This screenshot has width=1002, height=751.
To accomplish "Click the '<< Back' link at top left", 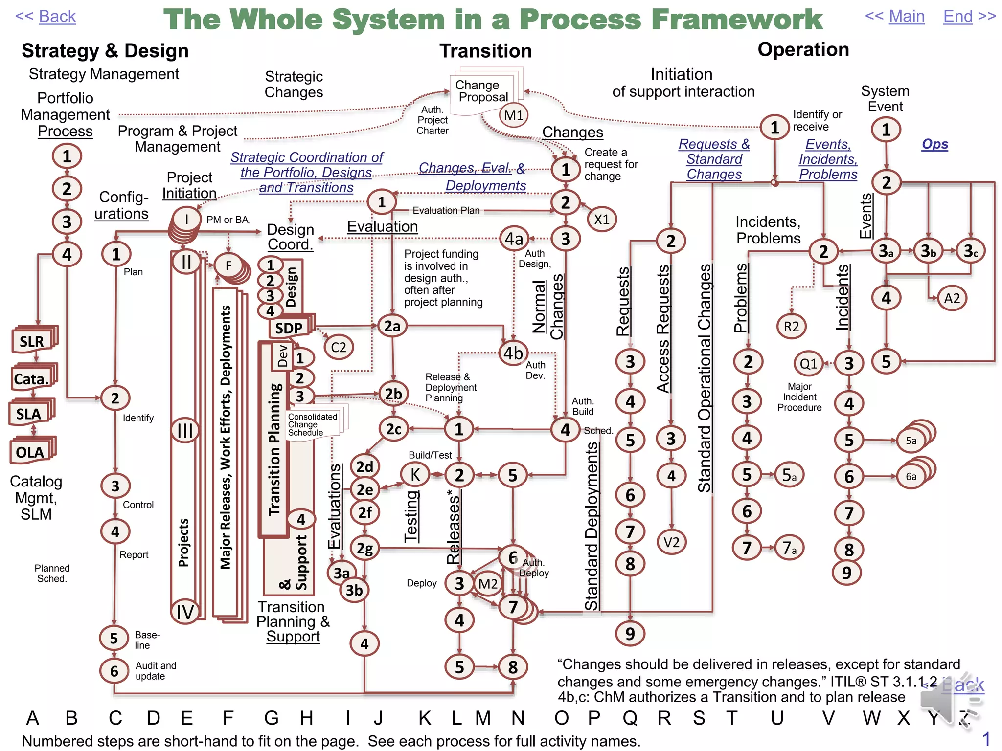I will tap(46, 17).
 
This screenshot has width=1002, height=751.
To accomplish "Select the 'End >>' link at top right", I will tap(969, 17).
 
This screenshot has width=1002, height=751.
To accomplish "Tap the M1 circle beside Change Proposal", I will tap(514, 115).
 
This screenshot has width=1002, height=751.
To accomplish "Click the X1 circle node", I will tap(601, 220).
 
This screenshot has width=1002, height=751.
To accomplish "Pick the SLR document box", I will tap(33, 341).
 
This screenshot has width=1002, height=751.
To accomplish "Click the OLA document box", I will tap(31, 452).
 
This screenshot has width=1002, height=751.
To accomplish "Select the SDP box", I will tap(289, 328).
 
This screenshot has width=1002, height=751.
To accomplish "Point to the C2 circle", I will tap(338, 347).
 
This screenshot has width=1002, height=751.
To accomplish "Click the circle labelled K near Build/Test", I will tap(415, 474).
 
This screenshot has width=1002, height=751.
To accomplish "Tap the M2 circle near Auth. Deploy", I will tap(488, 584).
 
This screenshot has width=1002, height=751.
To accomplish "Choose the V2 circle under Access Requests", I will tap(671, 542).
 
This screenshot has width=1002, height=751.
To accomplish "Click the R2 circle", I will tap(791, 327).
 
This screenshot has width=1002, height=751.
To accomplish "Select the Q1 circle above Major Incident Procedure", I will tap(808, 363).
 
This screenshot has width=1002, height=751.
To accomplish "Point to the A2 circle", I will tap(952, 298).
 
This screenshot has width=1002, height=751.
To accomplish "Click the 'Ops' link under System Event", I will tap(934, 144).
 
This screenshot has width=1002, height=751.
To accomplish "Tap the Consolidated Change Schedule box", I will tap(313, 424).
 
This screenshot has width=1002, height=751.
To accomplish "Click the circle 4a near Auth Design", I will tap(514, 239).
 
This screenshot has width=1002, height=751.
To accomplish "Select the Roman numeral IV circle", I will tap(185, 612).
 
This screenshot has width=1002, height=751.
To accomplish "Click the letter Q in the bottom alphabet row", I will tap(630, 718).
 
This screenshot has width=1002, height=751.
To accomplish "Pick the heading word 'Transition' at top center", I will tap(485, 51).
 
